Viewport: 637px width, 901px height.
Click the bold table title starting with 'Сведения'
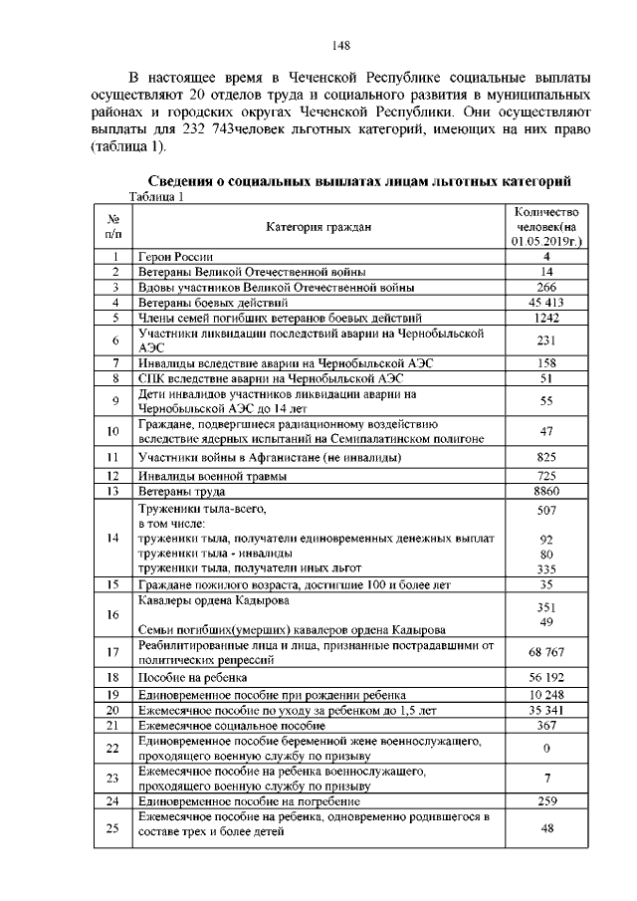pyautogui.click(x=359, y=181)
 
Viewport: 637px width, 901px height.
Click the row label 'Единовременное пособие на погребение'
pyautogui.click(x=249, y=800)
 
